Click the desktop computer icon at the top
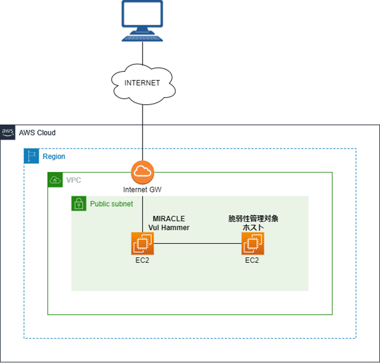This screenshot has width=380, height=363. [x=142, y=21]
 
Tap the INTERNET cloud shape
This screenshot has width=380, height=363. [x=142, y=83]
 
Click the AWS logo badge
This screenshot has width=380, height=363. [x=8, y=132]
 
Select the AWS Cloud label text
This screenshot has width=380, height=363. [x=37, y=133]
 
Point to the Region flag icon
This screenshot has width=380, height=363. [x=31, y=156]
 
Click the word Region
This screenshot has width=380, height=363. [x=54, y=157]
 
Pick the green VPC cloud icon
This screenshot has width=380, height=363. [x=55, y=180]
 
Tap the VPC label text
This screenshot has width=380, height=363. [x=74, y=180]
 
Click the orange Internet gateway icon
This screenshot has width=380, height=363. [x=142, y=171]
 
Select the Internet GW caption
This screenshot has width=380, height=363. [x=142, y=190]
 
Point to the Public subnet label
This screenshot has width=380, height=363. [x=111, y=204]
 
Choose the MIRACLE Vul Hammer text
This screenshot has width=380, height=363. [x=168, y=223]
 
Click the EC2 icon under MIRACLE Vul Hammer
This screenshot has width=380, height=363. [x=143, y=243]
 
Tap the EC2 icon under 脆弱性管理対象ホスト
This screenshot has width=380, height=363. [x=253, y=243]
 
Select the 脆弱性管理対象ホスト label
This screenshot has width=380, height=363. [x=253, y=223]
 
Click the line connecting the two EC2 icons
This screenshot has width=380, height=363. [x=197, y=243]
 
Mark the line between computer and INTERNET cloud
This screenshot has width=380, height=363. [x=143, y=56]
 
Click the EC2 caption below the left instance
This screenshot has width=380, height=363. [x=142, y=260]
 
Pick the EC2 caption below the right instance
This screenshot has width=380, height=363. [x=252, y=260]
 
